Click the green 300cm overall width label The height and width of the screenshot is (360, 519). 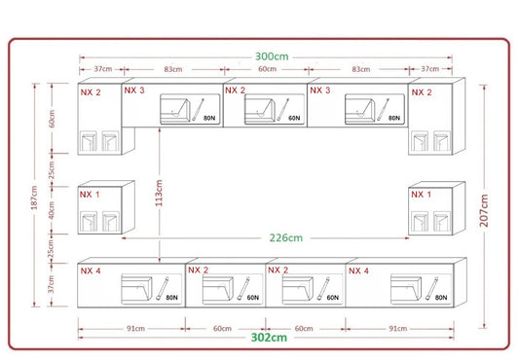(272, 56)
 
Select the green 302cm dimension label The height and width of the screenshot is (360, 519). (269, 338)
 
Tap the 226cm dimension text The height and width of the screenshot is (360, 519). (286, 237)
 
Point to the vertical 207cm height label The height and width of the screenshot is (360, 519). (484, 210)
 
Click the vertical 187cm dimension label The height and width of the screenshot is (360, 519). (34, 198)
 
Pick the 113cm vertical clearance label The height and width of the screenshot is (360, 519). (159, 193)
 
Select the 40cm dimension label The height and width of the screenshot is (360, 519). (51, 210)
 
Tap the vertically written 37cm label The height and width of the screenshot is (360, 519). (51, 284)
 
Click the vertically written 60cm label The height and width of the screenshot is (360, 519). (52, 119)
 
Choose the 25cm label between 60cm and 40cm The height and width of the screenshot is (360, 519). (52, 170)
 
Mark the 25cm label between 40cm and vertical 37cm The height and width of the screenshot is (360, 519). (51, 249)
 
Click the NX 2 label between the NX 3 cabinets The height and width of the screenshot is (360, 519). (235, 90)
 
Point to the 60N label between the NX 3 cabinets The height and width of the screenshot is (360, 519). (294, 118)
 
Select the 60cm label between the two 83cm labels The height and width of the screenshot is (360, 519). (267, 69)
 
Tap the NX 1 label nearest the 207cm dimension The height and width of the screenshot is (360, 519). (421, 195)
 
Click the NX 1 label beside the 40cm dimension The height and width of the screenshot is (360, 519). (90, 195)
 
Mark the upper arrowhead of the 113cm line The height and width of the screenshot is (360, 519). (160, 130)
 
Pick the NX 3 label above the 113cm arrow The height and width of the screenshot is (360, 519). (134, 90)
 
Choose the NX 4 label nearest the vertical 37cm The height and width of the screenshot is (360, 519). (91, 270)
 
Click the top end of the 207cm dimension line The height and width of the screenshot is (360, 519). (484, 86)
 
